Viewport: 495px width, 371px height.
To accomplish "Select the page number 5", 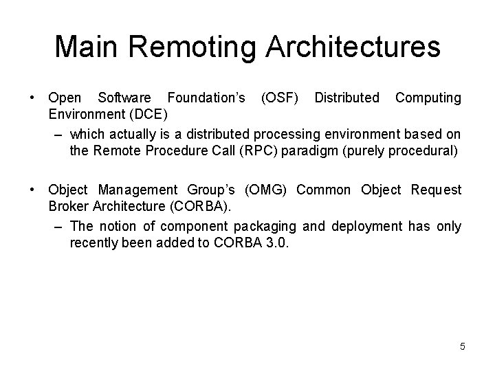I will click(x=463, y=346).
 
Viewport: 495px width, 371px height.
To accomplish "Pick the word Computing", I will click(x=428, y=98).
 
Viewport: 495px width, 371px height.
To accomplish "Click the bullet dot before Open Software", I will click(x=33, y=98).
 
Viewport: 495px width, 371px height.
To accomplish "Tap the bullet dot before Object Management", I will click(x=33, y=190).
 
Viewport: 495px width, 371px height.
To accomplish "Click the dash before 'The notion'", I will click(x=58, y=225).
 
